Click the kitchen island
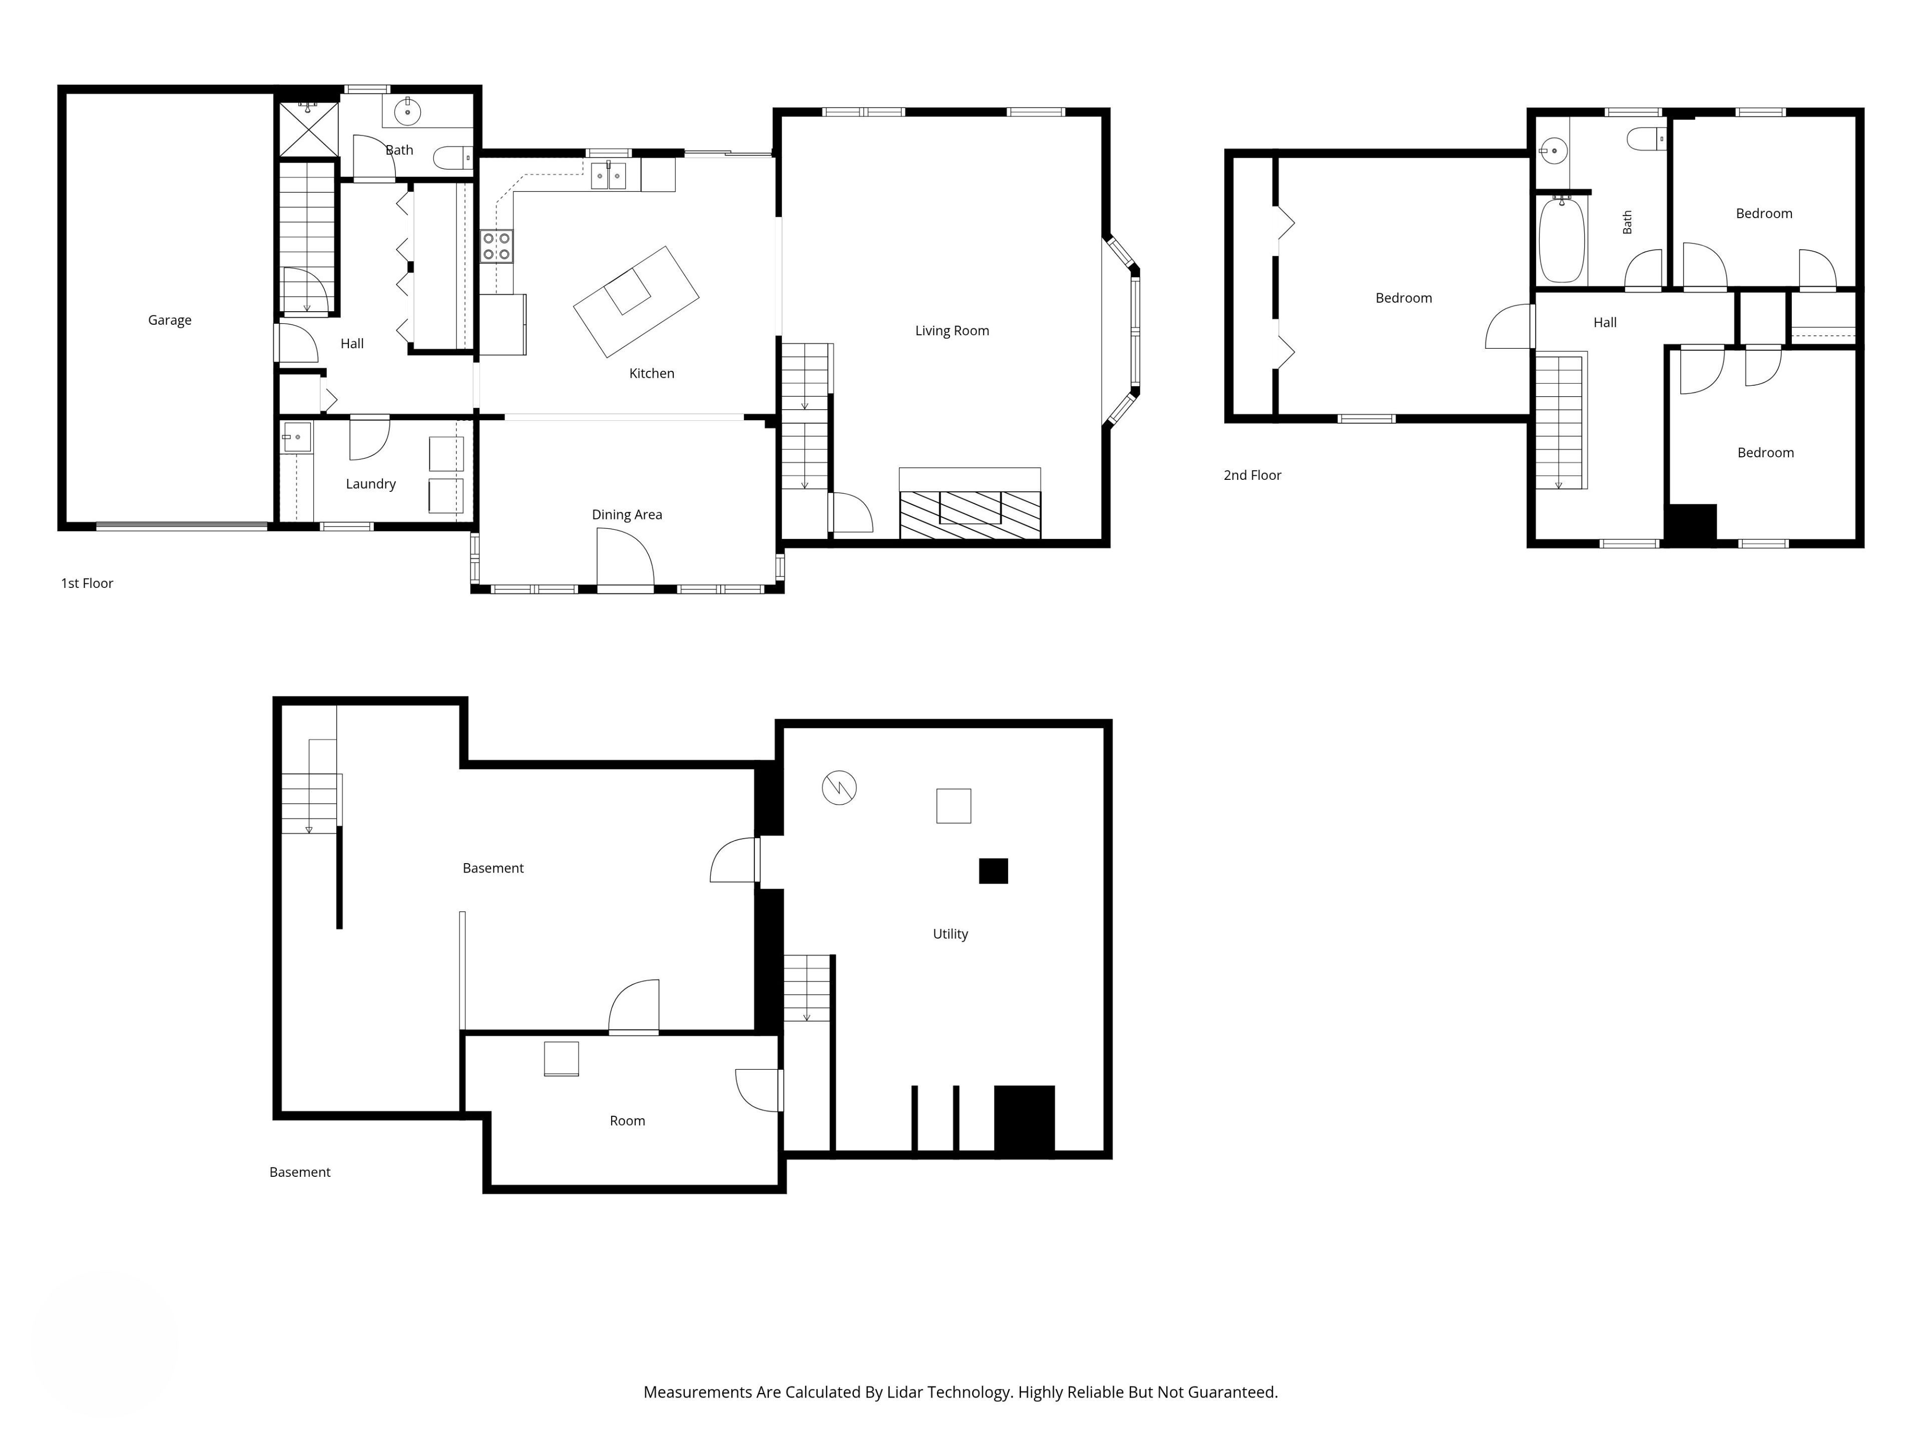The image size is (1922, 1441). click(x=636, y=301)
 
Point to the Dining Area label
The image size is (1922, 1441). click(x=627, y=515)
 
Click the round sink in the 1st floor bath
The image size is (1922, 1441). click(x=407, y=111)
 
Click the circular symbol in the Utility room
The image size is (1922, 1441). click(x=839, y=788)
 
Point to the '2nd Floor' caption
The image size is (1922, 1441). click(x=1252, y=475)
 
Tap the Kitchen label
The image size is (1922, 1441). click(x=652, y=373)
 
